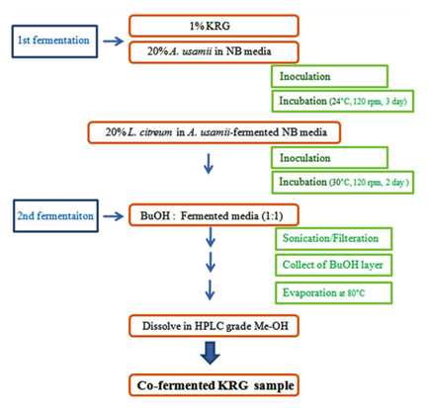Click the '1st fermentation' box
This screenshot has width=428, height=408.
tap(54, 41)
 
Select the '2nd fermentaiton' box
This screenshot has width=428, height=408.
tap(55, 215)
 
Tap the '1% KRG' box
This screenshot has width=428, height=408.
tap(214, 26)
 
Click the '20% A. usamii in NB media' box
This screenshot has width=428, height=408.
tap(214, 52)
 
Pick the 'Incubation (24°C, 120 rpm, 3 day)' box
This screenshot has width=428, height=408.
tap(343, 101)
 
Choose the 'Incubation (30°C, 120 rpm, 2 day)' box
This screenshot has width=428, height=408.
tap(343, 182)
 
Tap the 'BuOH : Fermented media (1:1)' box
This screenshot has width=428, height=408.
tap(214, 215)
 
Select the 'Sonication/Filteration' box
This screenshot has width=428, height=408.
tap(334, 238)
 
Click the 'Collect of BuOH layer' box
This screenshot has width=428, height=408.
tap(334, 265)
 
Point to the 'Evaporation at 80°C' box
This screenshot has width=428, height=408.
tap(334, 292)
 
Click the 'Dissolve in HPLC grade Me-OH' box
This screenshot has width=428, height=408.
tap(214, 326)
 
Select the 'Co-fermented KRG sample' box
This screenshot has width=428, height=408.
tap(214, 385)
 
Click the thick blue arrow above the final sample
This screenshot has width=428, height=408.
tap(210, 353)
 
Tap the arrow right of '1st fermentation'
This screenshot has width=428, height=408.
tap(114, 41)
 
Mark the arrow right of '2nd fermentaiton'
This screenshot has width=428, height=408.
tap(114, 216)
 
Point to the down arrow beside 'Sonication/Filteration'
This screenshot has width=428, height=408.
tap(211, 237)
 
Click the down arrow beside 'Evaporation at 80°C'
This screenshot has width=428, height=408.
tap(210, 290)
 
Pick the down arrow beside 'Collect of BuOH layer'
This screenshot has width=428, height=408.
tap(211, 262)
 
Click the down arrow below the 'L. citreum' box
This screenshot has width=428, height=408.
tap(209, 164)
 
